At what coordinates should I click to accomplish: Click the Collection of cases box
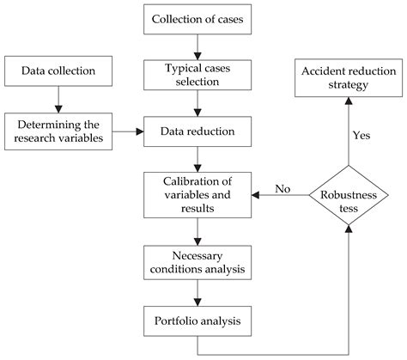tap(198, 19)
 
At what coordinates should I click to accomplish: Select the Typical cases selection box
tap(198, 74)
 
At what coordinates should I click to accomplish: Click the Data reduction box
tap(198, 132)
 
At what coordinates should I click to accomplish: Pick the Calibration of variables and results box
tap(198, 194)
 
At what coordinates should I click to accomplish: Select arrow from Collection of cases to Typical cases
tap(198, 46)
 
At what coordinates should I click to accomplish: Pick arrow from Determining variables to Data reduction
tap(128, 132)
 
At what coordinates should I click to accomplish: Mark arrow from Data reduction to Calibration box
tap(198, 160)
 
